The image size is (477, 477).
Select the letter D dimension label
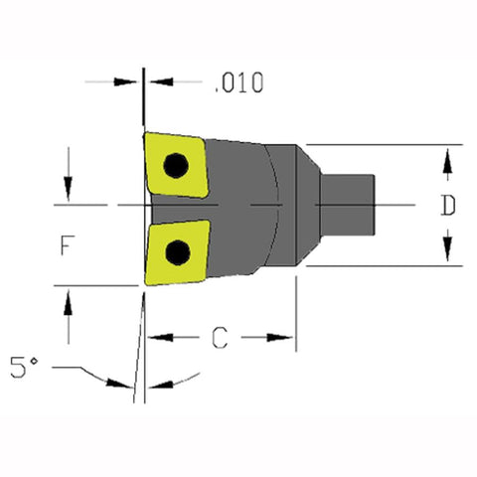448,207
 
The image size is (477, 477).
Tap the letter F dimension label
66,244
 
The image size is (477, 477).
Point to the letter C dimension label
220,339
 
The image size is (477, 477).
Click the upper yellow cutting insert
175,164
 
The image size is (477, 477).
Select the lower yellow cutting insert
176,251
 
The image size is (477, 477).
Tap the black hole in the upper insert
176,165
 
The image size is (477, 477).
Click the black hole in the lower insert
178,251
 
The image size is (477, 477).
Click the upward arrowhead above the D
448,159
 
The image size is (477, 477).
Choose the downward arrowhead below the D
448,251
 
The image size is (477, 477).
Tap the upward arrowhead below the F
68,302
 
